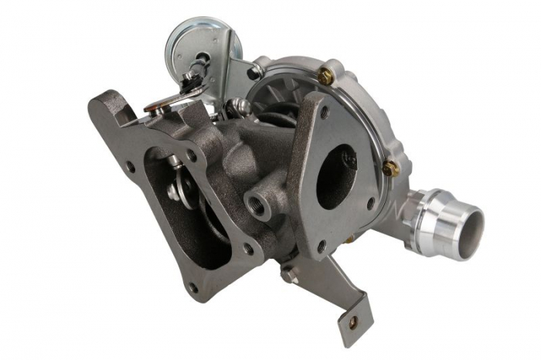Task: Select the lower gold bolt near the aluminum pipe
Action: [390, 167]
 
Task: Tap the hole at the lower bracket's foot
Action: [355, 324]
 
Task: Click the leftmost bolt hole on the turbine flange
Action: [130, 166]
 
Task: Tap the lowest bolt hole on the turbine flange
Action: [193, 287]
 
